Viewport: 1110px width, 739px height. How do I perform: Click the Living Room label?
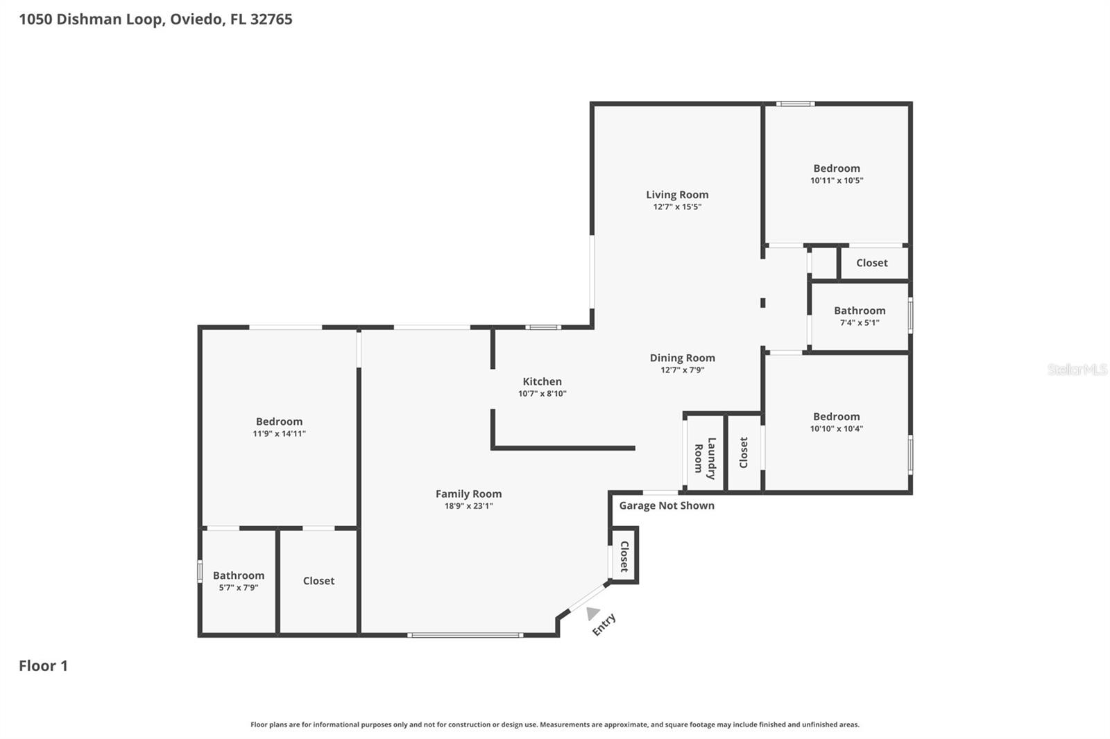(677, 195)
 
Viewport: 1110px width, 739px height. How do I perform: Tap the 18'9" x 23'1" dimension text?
(468, 506)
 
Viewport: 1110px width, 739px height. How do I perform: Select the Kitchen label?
(542, 381)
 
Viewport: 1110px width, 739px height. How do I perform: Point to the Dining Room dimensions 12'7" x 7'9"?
(682, 370)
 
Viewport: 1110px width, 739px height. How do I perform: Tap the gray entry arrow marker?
(592, 613)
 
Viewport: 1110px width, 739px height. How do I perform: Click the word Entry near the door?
(604, 624)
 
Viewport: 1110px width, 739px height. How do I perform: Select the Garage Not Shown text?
(666, 505)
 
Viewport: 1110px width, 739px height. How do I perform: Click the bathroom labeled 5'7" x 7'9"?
(238, 581)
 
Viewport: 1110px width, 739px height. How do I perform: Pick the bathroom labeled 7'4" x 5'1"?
(860, 316)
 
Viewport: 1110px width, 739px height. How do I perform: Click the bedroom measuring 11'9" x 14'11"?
(279, 427)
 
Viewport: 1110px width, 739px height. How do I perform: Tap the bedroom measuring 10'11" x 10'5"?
(837, 173)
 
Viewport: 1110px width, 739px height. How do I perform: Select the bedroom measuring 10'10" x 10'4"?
(836, 421)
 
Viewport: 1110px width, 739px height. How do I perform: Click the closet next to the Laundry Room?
(744, 452)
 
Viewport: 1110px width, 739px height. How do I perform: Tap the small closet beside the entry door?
(624, 556)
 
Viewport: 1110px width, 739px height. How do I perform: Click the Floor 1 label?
(43, 666)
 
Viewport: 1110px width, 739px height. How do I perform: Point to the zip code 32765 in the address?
(271, 19)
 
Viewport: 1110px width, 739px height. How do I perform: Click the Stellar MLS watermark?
(1077, 369)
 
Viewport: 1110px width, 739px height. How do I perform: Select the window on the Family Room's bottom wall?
(465, 634)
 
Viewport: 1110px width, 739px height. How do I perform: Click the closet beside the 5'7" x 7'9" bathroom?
(318, 581)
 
